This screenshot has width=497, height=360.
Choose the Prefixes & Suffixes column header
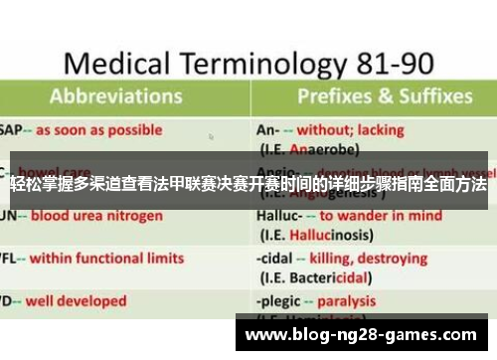click(x=384, y=96)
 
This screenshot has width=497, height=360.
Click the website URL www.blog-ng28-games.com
click(x=360, y=335)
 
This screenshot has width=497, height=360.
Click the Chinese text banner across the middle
click(x=248, y=186)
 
